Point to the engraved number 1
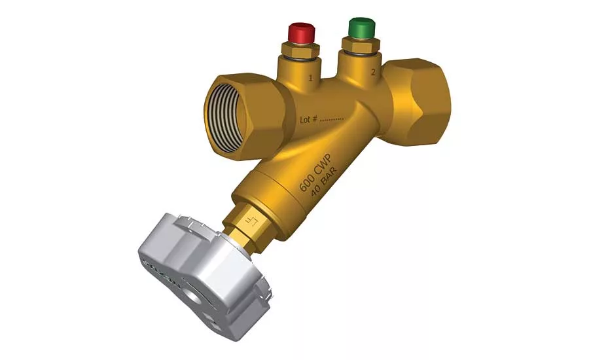(311, 79)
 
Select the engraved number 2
(372, 73)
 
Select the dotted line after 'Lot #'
(334, 120)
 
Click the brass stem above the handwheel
(249, 226)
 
